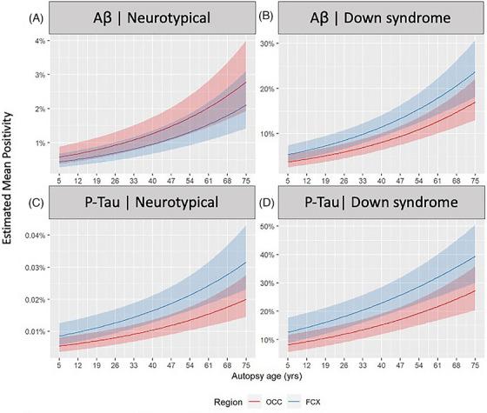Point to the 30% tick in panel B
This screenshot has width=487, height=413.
tap(273, 43)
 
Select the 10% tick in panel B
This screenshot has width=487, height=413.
tap(273, 133)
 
